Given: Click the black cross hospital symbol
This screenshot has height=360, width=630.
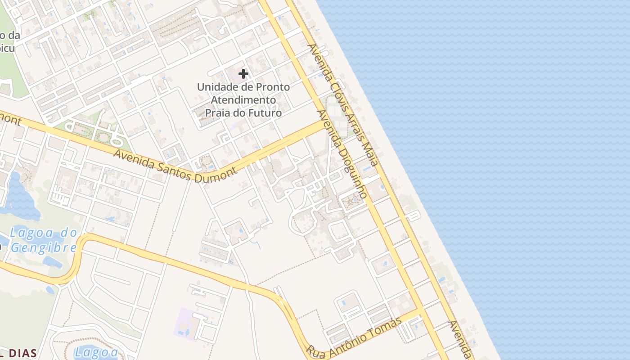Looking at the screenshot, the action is [243, 74].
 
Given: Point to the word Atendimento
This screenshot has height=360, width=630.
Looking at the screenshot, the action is [243, 99].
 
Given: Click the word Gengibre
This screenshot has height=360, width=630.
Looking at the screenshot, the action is [44, 248].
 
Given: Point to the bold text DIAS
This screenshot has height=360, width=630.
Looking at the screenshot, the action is [22, 353].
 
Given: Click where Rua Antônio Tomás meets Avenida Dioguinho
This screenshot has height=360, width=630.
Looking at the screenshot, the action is [421, 310].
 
